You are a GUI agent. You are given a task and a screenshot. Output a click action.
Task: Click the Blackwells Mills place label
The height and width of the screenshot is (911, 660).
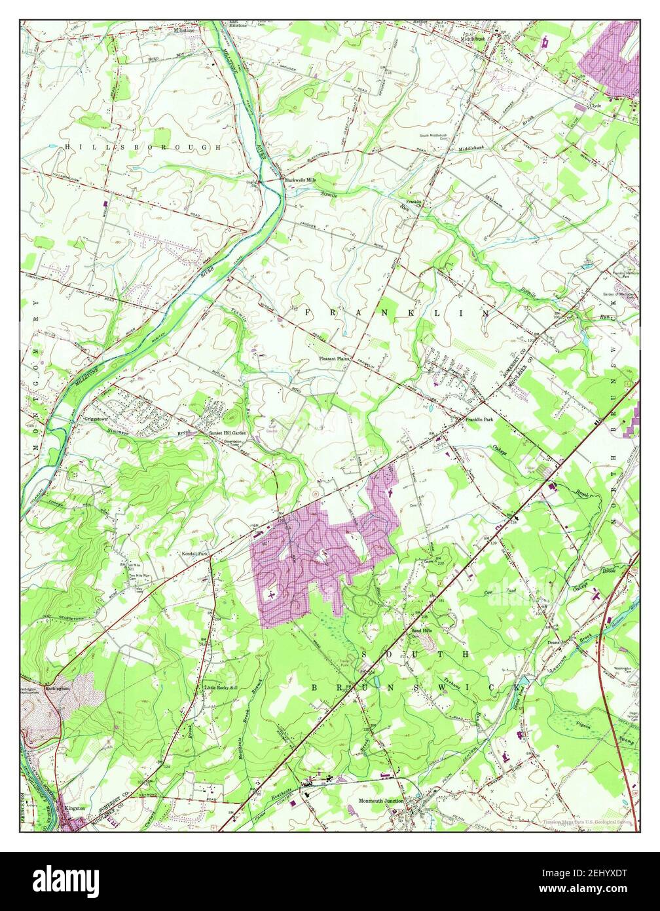(x=300, y=180)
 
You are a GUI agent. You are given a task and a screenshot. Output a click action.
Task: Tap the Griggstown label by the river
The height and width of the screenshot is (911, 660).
(x=96, y=418)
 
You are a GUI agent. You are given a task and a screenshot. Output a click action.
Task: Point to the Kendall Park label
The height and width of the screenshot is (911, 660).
(x=194, y=554)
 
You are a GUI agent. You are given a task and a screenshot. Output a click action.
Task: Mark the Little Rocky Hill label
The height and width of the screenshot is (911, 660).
(x=221, y=688)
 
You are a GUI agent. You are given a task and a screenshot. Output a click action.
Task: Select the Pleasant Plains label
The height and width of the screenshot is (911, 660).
(x=335, y=359)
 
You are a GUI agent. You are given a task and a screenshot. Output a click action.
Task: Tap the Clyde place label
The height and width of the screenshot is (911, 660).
(x=595, y=105)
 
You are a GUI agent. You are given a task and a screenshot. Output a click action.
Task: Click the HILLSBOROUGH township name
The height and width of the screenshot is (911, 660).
(x=143, y=148)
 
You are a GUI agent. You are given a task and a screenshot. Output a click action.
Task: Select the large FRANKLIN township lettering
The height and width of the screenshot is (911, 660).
(x=397, y=314)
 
